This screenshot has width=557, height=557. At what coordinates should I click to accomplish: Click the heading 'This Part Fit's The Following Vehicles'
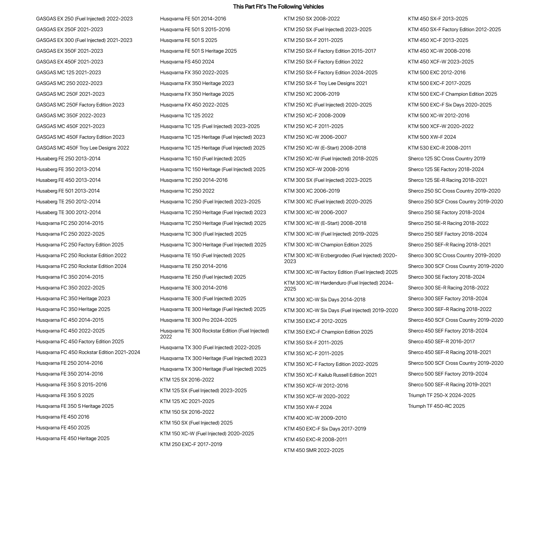point(278,7)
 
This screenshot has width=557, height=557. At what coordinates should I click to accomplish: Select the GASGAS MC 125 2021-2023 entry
point(68,72)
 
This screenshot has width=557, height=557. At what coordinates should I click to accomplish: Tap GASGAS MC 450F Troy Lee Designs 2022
point(82,148)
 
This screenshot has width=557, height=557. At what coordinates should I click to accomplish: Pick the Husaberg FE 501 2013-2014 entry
point(68,191)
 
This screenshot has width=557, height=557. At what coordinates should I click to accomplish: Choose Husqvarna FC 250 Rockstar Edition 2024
point(81,266)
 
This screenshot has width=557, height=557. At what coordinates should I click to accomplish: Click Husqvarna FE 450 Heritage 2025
point(73,438)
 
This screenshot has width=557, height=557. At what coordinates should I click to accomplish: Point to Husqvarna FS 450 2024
point(187,62)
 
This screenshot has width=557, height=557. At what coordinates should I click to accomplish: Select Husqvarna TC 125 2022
point(187,115)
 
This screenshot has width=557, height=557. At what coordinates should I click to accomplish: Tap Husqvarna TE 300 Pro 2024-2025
point(198,320)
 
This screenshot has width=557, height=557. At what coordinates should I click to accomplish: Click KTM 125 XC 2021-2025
point(187,401)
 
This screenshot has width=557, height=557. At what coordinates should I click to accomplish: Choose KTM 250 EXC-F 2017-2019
point(191,444)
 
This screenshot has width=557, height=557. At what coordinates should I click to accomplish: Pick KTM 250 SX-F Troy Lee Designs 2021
point(325,83)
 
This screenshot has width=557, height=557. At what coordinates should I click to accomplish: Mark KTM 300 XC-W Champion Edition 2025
point(328,245)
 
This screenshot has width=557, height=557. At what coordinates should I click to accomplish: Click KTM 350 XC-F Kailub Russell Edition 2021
point(330,375)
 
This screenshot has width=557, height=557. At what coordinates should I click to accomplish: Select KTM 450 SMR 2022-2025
point(314,450)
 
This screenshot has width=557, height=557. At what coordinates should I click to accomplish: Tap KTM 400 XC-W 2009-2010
point(315,418)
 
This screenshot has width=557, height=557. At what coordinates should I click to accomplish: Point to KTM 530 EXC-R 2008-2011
point(439,148)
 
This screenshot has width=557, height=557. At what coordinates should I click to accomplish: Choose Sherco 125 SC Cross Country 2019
point(446,158)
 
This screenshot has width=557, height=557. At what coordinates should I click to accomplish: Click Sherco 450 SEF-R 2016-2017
point(441,341)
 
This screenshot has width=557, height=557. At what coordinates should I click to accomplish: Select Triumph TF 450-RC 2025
point(436,406)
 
